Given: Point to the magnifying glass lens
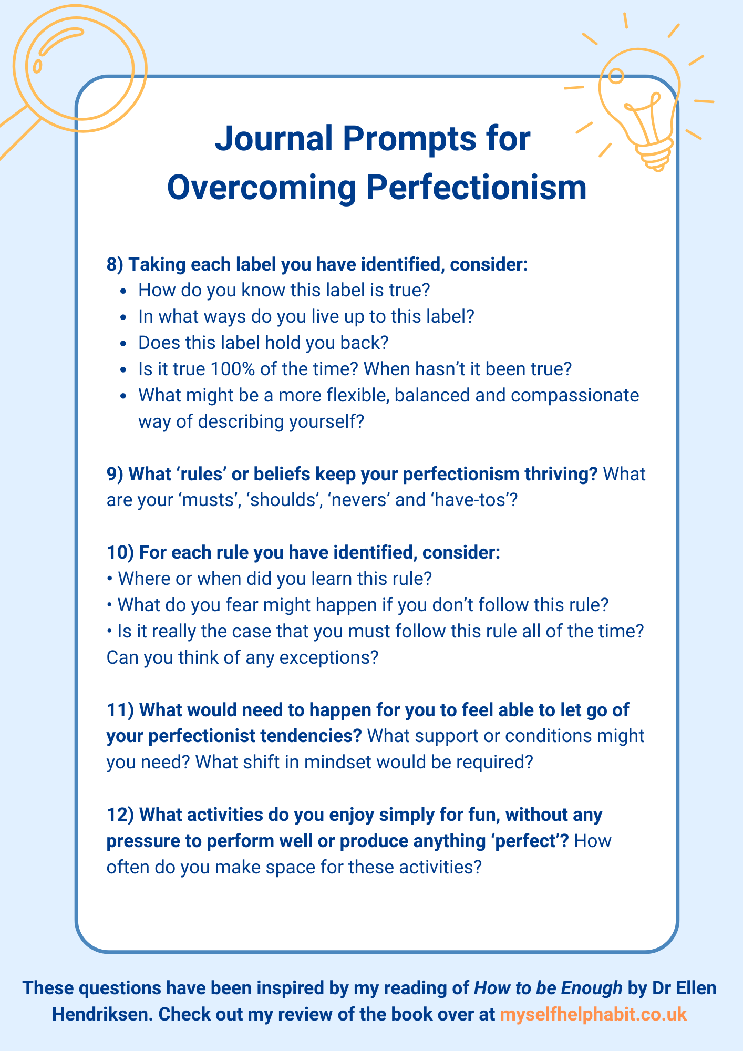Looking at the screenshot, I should pos(80,68).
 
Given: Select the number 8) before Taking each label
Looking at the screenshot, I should pos(115,264).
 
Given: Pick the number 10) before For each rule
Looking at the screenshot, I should pos(120,552).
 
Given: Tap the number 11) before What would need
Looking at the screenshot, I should pos(120,710).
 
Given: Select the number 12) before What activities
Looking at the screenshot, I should pos(120,815).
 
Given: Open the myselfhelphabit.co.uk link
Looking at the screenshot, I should pos(593,1014).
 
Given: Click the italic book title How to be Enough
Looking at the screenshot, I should pos(548,988).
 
